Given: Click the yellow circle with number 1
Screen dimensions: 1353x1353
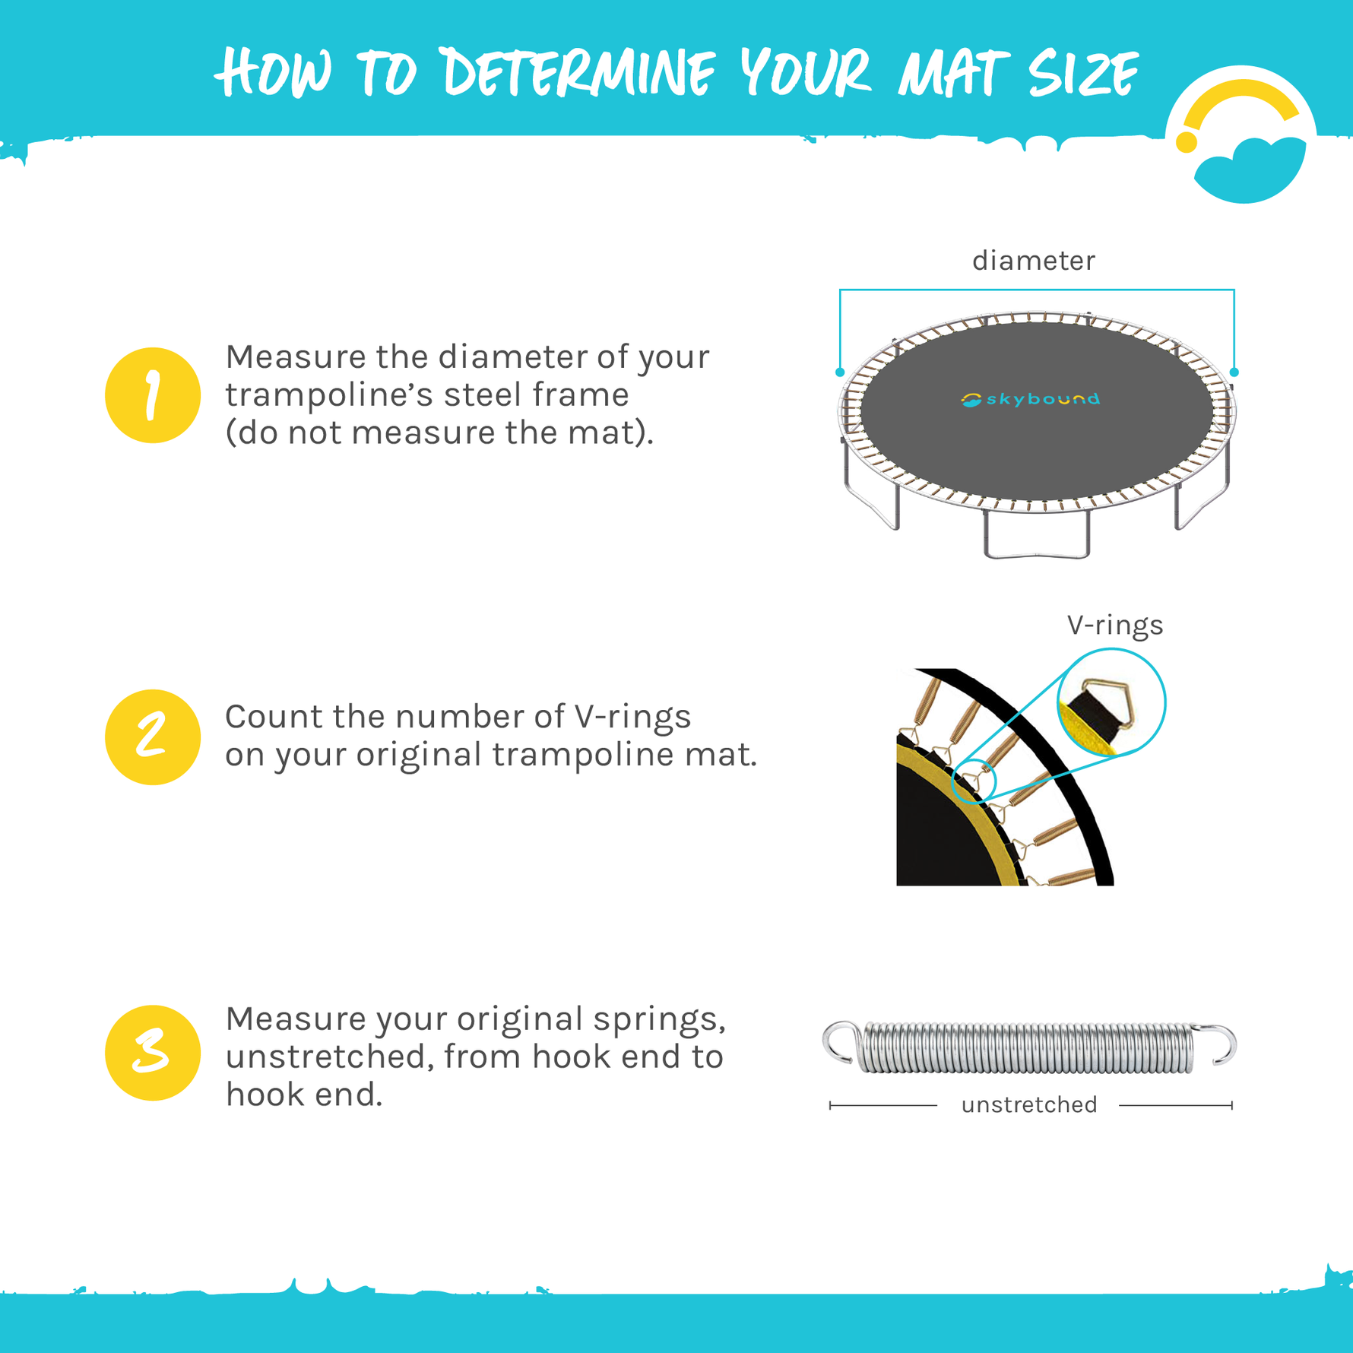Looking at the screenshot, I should coord(152,395).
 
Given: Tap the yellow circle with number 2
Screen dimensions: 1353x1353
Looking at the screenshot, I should coord(152,737).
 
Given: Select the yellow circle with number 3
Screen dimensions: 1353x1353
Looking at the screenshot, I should coord(152,1053).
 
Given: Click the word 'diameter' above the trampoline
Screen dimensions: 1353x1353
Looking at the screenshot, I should coord(1034,261).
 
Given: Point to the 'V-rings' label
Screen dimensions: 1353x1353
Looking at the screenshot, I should coord(1114,625).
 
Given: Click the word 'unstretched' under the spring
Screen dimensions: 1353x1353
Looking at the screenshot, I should coord(1029,1104).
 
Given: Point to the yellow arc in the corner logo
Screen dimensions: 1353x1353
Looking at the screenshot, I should coord(1239,99).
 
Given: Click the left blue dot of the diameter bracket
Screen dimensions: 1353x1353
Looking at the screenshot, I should coord(840,372).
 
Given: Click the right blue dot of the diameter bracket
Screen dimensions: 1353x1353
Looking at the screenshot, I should coord(1234,372).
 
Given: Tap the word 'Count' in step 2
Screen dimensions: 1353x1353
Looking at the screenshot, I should coord(271,717).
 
